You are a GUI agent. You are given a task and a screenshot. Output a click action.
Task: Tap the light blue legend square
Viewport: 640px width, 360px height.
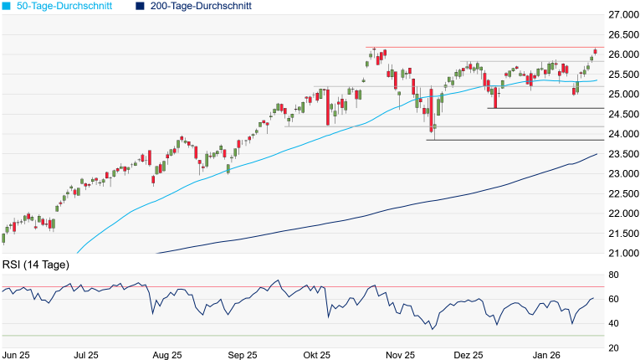tap(7, 6)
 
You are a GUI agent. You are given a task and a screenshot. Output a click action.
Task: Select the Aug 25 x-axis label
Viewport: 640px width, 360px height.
tap(168, 354)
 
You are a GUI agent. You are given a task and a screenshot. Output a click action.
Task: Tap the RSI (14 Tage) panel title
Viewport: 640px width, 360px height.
tap(35, 265)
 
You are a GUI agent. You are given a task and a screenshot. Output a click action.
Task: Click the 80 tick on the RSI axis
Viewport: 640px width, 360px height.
tap(613, 275)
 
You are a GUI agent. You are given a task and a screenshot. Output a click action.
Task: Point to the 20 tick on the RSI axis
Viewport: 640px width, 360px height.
tap(613, 347)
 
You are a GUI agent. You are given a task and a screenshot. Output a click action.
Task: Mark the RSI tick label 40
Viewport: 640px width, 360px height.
tap(613, 323)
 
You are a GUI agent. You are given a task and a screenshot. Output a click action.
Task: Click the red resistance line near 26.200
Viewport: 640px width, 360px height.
tap(485, 48)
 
